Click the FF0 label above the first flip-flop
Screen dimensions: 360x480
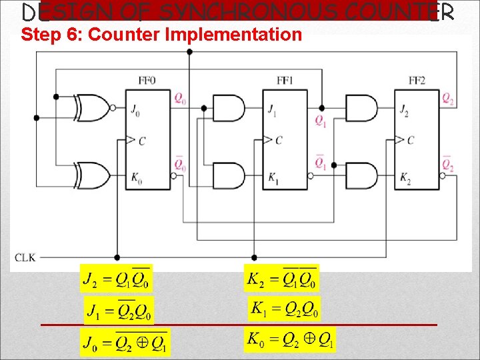click(x=147, y=81)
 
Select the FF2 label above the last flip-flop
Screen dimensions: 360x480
click(x=417, y=81)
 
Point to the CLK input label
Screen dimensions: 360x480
click(x=25, y=257)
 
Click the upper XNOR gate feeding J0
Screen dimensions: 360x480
click(x=92, y=107)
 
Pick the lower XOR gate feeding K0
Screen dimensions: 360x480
click(x=92, y=175)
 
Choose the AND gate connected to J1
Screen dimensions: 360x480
click(x=228, y=107)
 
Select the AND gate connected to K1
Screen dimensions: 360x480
click(x=228, y=175)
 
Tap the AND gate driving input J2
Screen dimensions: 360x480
click(x=361, y=107)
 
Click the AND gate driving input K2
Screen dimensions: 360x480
click(x=361, y=175)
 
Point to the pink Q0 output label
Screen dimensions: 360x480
click(x=180, y=99)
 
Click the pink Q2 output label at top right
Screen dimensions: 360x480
click(x=448, y=99)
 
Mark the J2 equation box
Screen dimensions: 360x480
click(x=116, y=278)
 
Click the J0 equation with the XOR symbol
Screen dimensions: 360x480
click(x=125, y=343)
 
